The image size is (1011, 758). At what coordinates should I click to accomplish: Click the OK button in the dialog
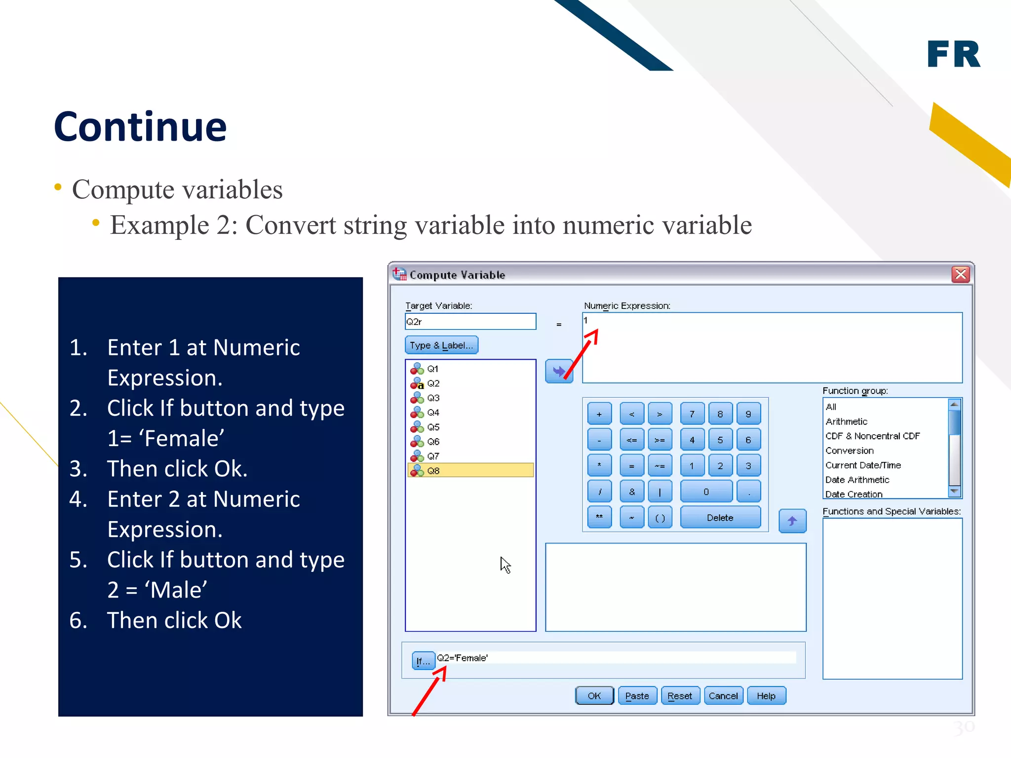pyautogui.click(x=594, y=696)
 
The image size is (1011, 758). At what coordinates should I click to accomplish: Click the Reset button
pyautogui.click(x=680, y=696)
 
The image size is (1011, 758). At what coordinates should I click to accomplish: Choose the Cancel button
pyautogui.click(x=723, y=696)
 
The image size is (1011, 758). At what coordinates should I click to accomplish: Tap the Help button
pyautogui.click(x=766, y=696)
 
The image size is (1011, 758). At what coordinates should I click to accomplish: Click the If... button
pyautogui.click(x=423, y=660)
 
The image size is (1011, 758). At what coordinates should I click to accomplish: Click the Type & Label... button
pyautogui.click(x=441, y=345)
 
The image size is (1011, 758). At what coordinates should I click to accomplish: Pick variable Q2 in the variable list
pyautogui.click(x=433, y=383)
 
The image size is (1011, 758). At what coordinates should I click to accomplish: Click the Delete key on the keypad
pyautogui.click(x=720, y=518)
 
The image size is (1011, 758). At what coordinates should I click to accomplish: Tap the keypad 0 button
pyautogui.click(x=706, y=492)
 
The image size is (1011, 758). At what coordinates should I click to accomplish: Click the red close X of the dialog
pyautogui.click(x=961, y=274)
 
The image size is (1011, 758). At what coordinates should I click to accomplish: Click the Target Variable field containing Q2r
pyautogui.click(x=470, y=322)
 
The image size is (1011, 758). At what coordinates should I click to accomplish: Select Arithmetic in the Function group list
pyautogui.click(x=846, y=421)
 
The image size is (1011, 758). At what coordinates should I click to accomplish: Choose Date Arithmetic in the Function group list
pyautogui.click(x=857, y=480)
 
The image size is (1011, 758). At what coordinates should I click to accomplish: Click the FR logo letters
pyautogui.click(x=953, y=54)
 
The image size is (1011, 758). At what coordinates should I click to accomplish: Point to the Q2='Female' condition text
pyautogui.click(x=463, y=658)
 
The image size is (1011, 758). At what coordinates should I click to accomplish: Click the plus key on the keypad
pyautogui.click(x=599, y=414)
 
